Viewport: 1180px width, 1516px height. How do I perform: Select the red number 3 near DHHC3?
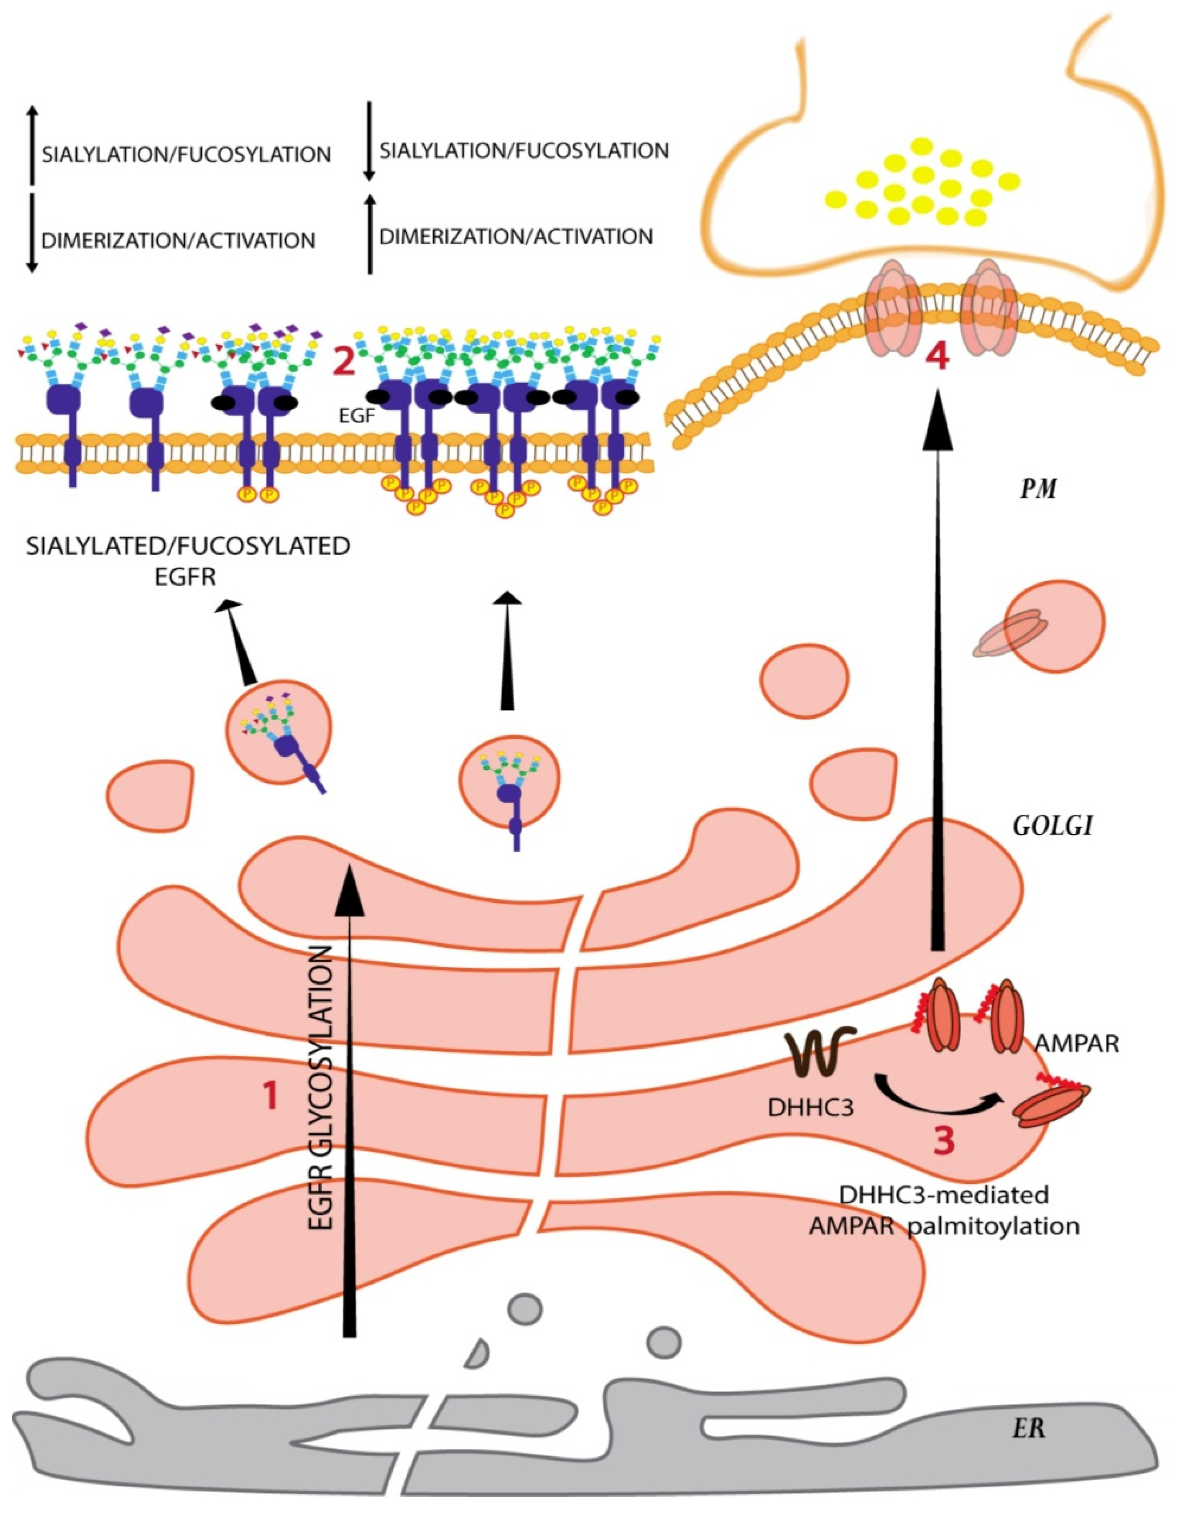pyautogui.click(x=942, y=1141)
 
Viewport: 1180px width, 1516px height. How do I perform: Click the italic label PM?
pyautogui.click(x=1038, y=490)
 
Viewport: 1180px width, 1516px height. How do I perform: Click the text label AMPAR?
pyautogui.click(x=1077, y=1044)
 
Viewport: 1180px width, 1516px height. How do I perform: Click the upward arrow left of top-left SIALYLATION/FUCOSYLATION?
pyautogui.click(x=31, y=146)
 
